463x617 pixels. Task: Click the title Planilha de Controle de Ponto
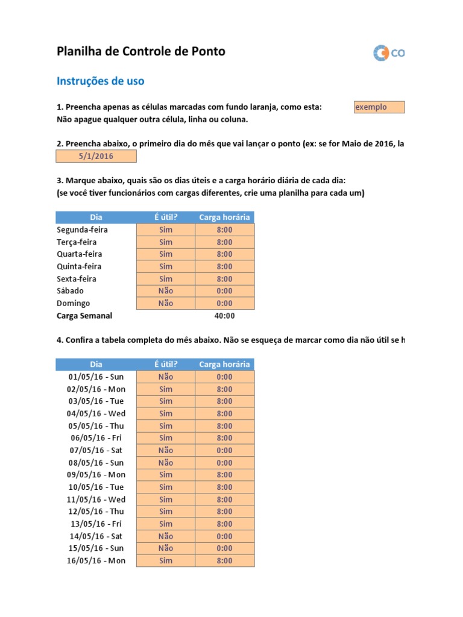click(x=140, y=52)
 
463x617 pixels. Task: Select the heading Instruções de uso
click(x=100, y=81)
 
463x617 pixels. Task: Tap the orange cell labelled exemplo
click(x=379, y=107)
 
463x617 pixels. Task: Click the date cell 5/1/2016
click(x=96, y=157)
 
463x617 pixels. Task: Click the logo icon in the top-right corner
click(x=382, y=53)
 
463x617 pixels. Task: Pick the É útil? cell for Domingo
click(x=166, y=303)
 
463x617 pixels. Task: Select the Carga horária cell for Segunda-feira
click(x=224, y=230)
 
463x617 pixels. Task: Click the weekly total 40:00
click(x=224, y=316)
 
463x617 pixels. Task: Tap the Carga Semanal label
click(x=84, y=316)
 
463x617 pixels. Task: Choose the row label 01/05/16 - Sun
click(x=96, y=377)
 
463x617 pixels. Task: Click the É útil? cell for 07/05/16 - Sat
click(x=166, y=450)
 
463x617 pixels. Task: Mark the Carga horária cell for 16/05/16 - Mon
click(x=224, y=561)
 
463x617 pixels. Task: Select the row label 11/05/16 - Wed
click(x=96, y=500)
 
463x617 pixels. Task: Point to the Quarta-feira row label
click(x=79, y=254)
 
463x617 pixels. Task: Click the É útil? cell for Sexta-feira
click(x=166, y=279)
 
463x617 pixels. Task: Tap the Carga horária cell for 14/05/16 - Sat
click(x=224, y=536)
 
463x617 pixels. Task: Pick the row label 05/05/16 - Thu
click(x=96, y=426)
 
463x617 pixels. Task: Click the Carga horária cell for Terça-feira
click(x=224, y=242)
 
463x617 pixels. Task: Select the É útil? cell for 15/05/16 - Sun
click(x=166, y=548)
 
